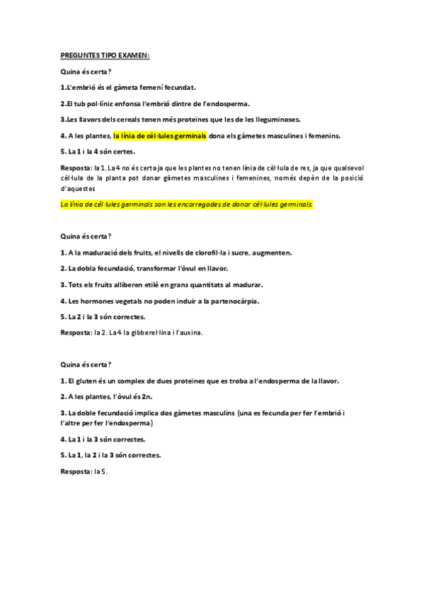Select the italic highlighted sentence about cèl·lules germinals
pos(187,204)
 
